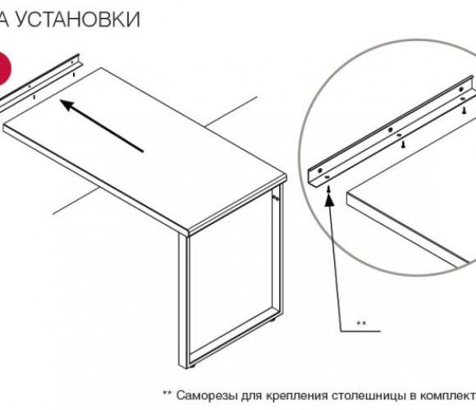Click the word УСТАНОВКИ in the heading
tap(78, 20)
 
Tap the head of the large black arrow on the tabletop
tap(67, 105)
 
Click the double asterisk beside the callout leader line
tap(361, 323)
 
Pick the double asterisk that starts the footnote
tap(167, 393)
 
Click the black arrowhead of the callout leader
tap(329, 199)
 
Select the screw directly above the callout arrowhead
tap(329, 189)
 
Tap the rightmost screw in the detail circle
tap(465, 110)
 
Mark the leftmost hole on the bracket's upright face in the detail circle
tap(319, 171)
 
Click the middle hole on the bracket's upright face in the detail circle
tap(391, 130)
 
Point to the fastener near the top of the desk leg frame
tap(276, 198)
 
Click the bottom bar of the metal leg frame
tap(234, 337)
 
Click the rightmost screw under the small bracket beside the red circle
tap(74, 74)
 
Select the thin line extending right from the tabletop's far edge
tap(231, 112)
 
